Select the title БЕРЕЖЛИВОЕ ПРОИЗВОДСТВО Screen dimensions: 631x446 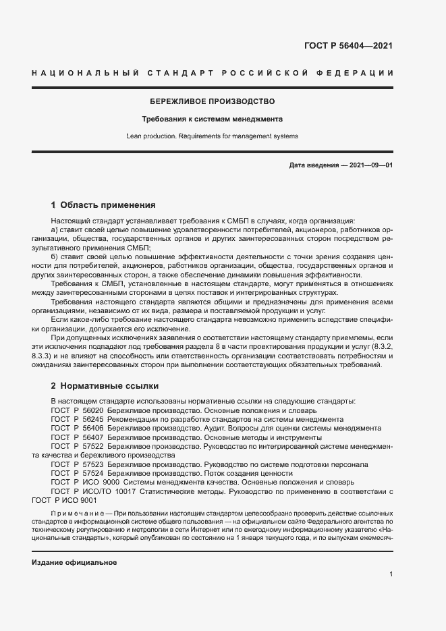point(212,101)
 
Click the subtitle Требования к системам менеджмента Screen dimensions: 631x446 point(212,119)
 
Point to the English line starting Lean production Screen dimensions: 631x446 point(212,136)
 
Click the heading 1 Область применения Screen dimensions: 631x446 point(103,204)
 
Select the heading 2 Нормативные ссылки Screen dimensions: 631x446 point(105,386)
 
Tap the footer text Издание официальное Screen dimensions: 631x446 point(74,562)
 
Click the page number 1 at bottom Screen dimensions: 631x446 point(391,574)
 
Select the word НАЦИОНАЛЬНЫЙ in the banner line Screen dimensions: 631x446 point(86,72)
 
